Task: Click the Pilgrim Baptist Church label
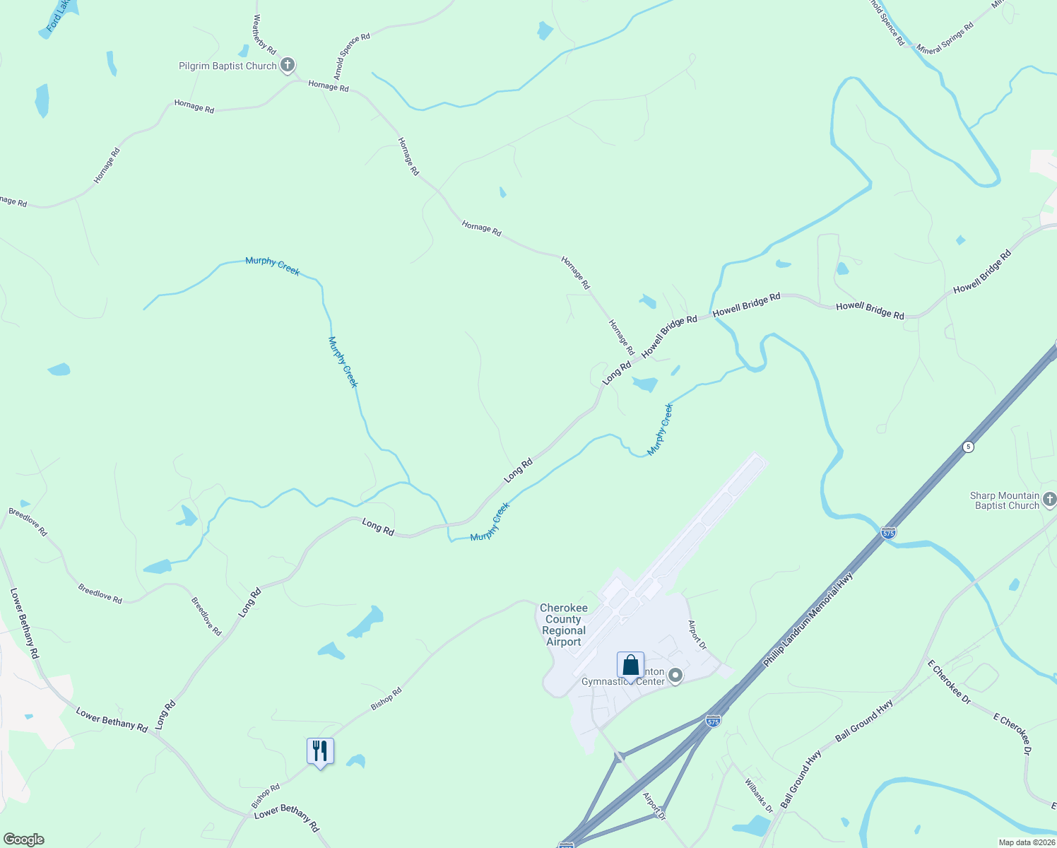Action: (228, 66)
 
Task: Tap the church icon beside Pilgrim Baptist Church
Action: (287, 66)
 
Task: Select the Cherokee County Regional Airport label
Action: (564, 625)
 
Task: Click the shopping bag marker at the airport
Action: (630, 666)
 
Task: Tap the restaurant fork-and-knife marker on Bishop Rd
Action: (320, 751)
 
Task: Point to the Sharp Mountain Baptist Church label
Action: (1005, 500)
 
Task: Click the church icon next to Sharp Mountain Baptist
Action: (1049, 500)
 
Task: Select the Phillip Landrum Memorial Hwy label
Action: (808, 619)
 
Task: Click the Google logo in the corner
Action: (23, 840)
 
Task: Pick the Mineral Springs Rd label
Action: (945, 39)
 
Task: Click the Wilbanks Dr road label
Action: (759, 796)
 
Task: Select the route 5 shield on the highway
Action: (968, 447)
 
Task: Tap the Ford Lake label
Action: (59, 16)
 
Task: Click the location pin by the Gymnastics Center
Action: (675, 676)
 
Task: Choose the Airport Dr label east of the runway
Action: (697, 635)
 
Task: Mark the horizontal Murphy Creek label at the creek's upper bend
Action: (273, 266)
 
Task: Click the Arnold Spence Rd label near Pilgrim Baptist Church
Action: (351, 57)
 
